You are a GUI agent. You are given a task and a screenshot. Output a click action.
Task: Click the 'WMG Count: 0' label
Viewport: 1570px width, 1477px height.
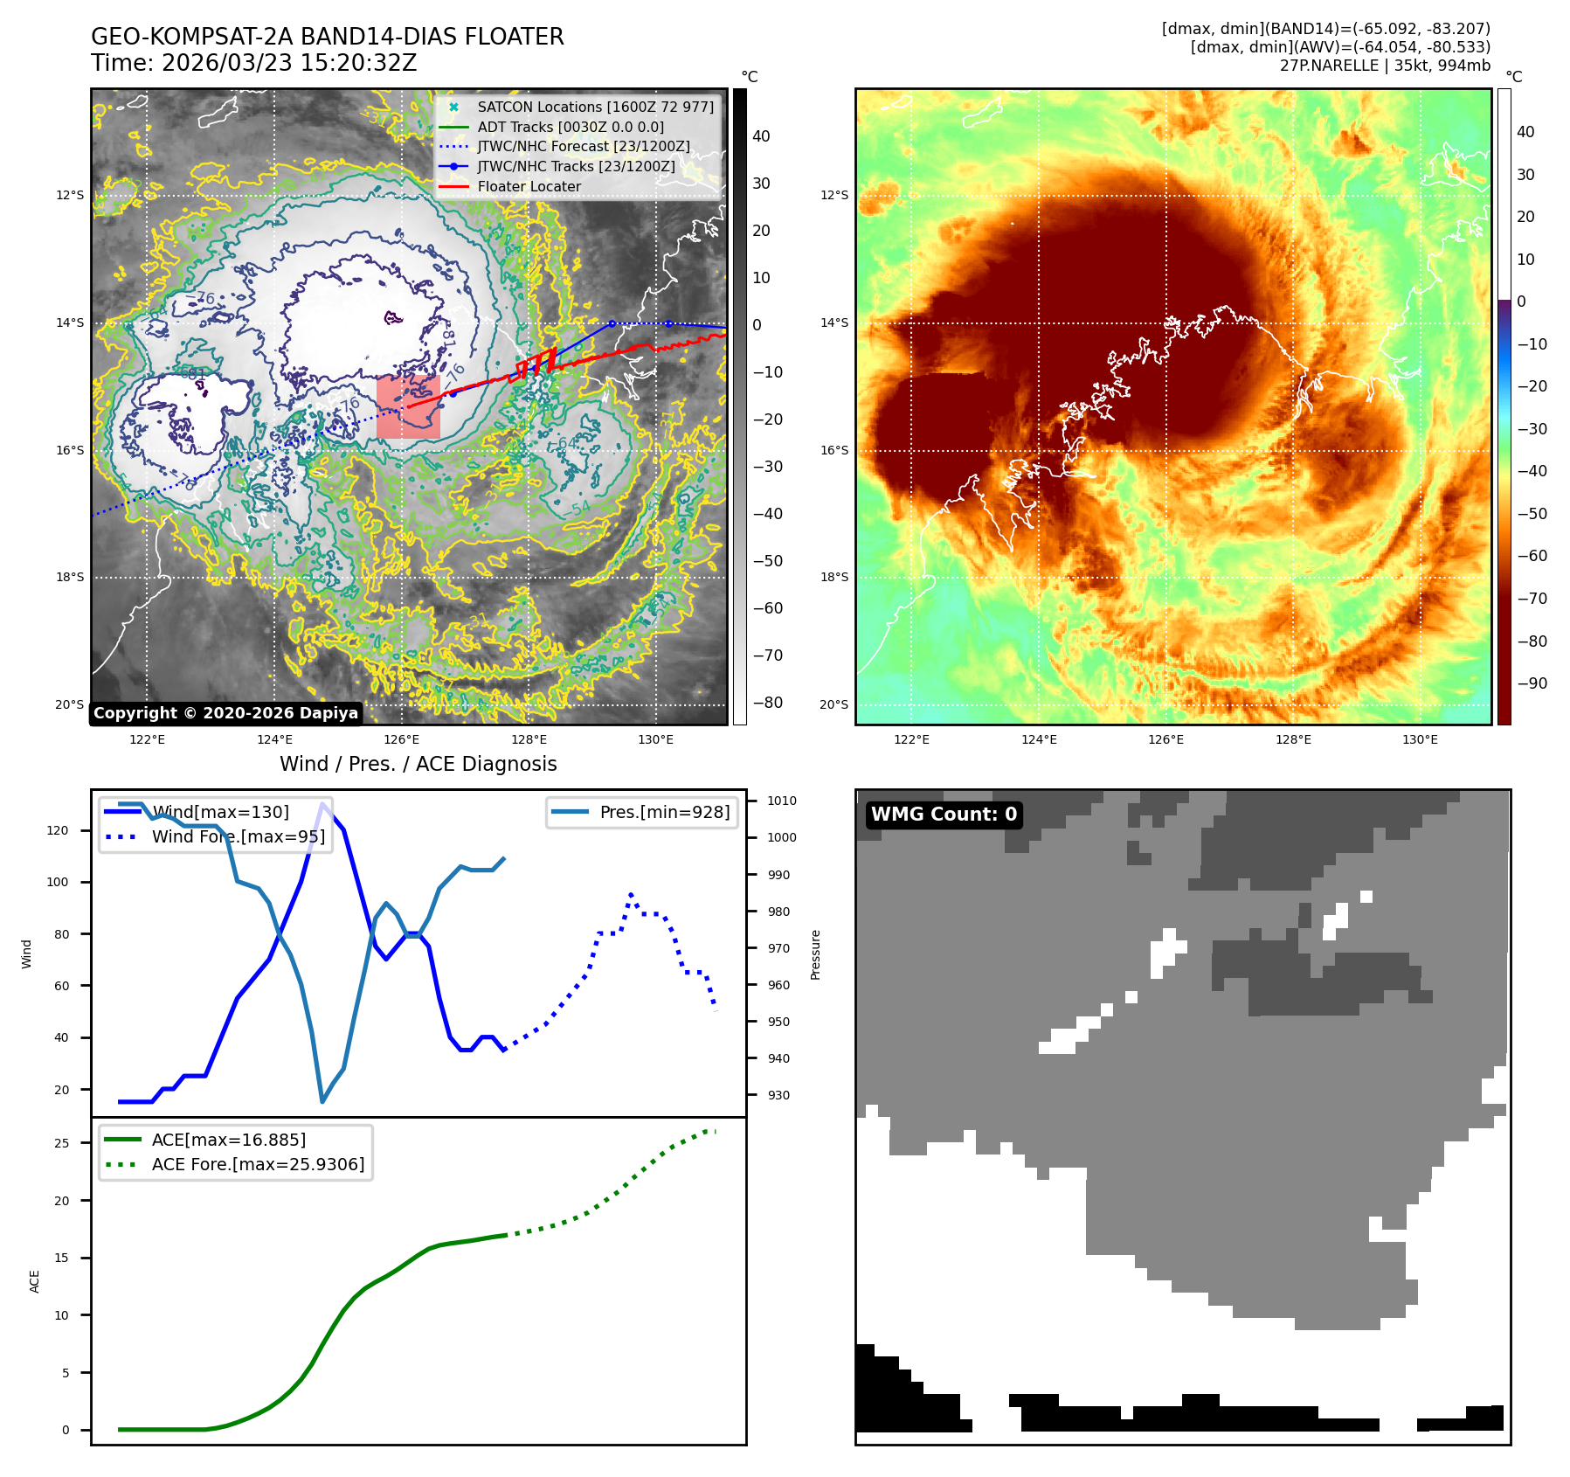coord(944,815)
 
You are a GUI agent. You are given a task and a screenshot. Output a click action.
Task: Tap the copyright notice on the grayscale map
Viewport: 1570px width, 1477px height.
coord(225,713)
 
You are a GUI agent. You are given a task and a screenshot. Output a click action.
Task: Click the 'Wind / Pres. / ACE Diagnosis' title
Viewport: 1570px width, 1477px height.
coord(418,764)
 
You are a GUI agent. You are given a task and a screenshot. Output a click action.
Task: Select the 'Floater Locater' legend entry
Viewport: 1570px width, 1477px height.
coord(529,186)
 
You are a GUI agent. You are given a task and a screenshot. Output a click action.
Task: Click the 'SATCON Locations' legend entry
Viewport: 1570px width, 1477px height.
coord(595,107)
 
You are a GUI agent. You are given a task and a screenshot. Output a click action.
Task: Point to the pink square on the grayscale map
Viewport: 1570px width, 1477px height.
coord(408,407)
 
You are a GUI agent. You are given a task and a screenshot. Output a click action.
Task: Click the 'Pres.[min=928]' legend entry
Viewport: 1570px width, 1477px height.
coord(664,812)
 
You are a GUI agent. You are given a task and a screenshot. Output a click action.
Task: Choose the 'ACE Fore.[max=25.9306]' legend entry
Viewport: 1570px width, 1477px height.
coord(258,1164)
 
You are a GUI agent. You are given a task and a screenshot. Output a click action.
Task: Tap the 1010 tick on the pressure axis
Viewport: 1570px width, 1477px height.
coord(782,801)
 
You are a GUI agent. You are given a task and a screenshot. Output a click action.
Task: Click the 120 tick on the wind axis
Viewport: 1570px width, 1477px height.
coord(57,830)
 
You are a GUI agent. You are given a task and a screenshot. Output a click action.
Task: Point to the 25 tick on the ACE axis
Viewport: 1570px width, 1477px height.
coord(61,1143)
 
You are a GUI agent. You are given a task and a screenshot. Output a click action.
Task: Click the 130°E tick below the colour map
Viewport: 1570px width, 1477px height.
coord(1420,739)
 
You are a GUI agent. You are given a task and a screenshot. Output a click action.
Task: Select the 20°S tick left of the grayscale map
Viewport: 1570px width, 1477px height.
coord(70,704)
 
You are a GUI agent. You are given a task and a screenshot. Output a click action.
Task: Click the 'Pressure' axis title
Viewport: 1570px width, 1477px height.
coord(815,954)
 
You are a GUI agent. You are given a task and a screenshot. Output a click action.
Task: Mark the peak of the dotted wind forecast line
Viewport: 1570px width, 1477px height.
coord(631,894)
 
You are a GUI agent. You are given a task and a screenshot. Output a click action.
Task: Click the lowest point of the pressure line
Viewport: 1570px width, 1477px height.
coord(322,1101)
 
